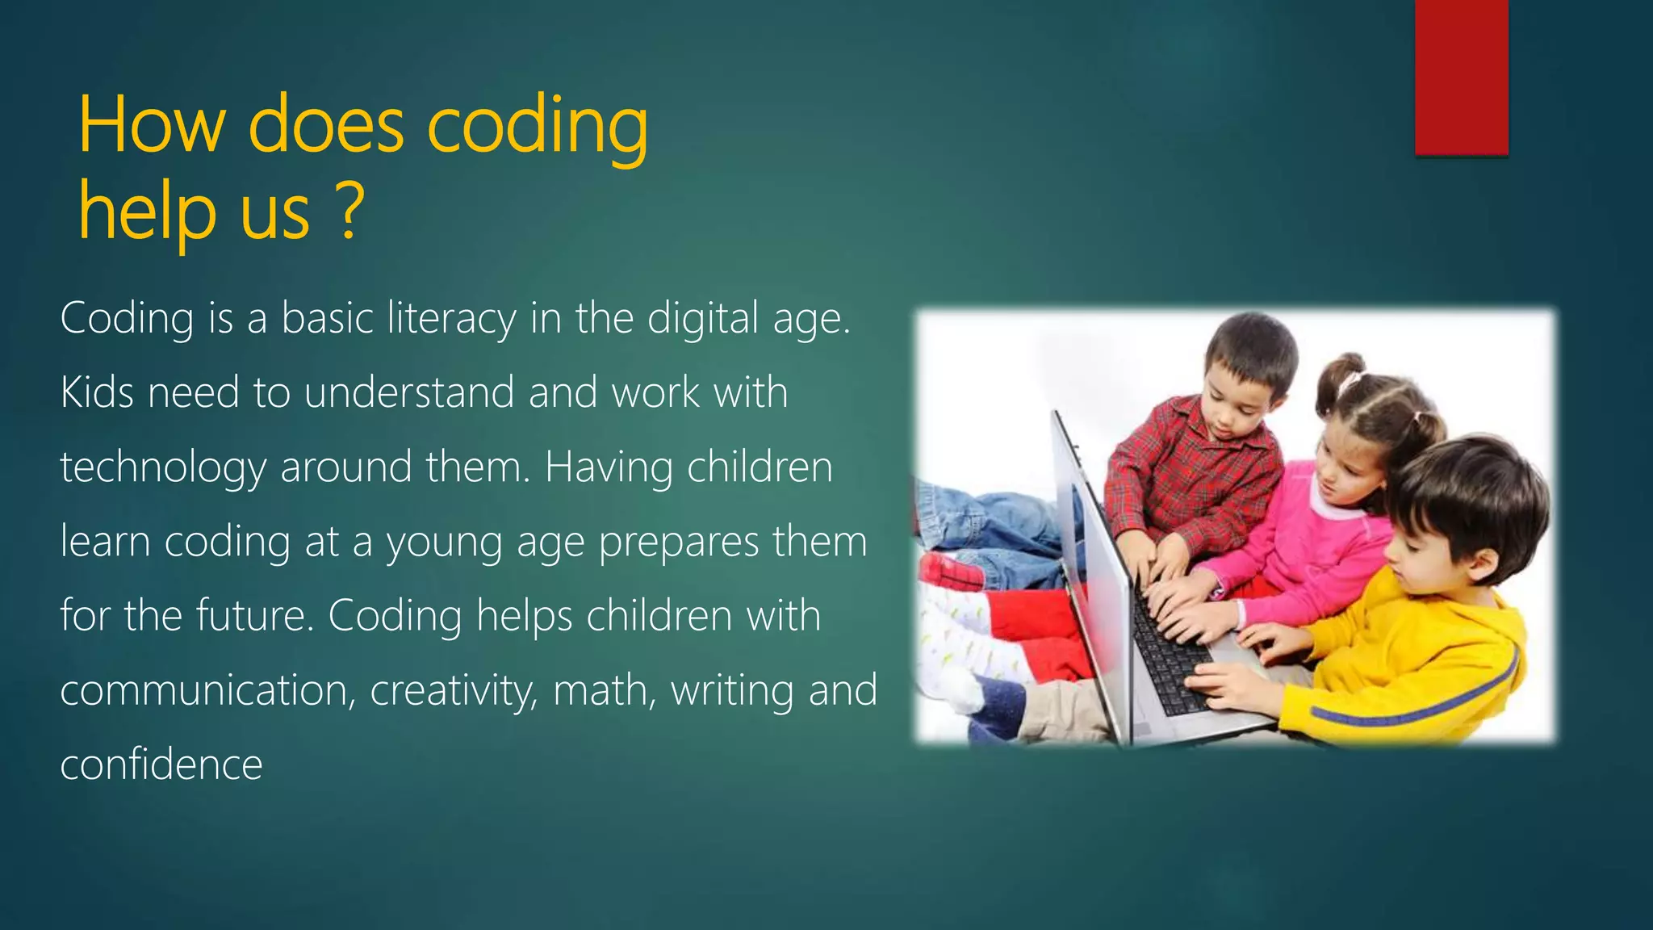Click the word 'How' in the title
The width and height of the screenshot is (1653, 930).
click(151, 125)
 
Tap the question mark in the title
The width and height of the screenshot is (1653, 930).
click(349, 212)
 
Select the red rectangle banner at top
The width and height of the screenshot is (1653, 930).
click(1461, 77)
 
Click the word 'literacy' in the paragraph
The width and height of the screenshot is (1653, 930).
click(451, 318)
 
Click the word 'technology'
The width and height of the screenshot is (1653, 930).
click(163, 468)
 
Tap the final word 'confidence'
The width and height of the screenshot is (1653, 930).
click(161, 765)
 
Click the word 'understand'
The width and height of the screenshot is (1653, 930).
click(409, 393)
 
